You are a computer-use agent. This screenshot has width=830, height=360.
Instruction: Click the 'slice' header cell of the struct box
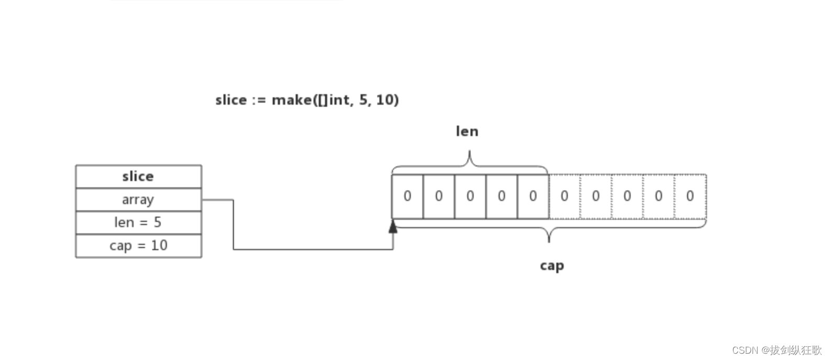138,176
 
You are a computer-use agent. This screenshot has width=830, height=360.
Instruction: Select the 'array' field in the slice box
138,199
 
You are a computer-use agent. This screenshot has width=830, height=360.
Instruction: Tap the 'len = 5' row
138,222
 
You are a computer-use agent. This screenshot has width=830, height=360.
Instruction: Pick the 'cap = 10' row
138,245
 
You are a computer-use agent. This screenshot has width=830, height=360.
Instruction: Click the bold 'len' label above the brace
467,131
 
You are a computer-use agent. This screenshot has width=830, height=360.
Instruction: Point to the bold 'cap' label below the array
552,266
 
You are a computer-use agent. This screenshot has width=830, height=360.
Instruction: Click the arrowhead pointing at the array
393,227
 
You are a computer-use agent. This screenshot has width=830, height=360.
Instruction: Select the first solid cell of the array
408,196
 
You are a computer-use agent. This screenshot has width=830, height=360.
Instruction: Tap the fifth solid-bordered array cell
533,196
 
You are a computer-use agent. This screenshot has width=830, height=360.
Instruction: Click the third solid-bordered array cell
470,196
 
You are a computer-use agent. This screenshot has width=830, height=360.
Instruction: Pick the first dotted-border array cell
564,196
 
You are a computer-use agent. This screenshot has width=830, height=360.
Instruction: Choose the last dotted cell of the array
690,196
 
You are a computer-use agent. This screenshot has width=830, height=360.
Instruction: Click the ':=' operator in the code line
259,100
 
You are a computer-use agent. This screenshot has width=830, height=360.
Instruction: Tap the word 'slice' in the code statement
231,100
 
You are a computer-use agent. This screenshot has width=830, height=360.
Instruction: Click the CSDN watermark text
777,350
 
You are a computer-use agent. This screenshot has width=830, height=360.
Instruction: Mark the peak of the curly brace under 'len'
469,152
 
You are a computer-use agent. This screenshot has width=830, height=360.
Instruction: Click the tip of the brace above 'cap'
549,241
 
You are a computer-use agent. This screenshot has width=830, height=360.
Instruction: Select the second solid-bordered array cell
439,196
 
